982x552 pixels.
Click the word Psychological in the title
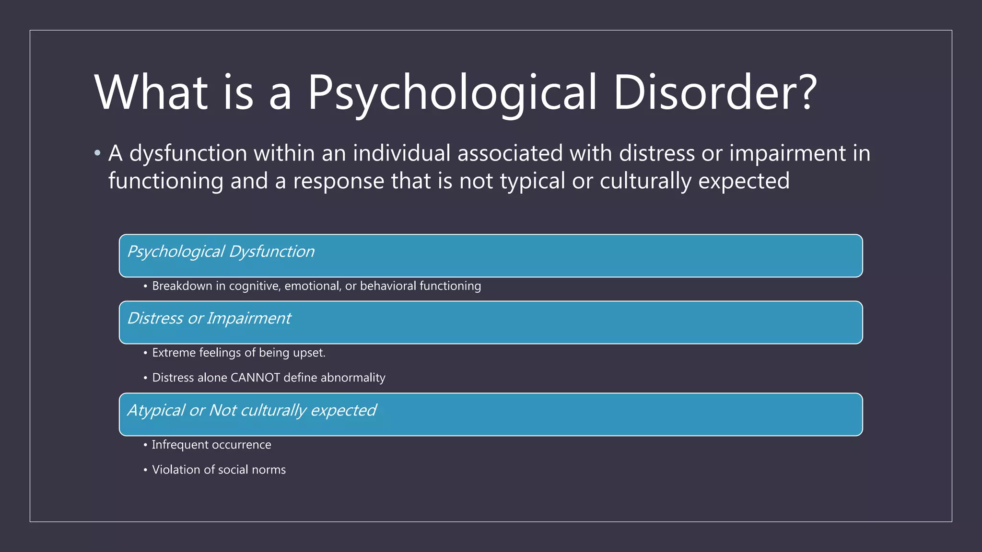452,93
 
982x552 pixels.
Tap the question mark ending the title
807,92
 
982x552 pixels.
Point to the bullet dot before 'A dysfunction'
98,153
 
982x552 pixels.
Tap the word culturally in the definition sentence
645,181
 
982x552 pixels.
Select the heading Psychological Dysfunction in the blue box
221,252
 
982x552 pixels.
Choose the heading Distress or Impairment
209,318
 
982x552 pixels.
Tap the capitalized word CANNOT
255,378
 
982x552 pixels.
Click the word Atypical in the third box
155,411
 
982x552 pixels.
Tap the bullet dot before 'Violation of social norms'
145,470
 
